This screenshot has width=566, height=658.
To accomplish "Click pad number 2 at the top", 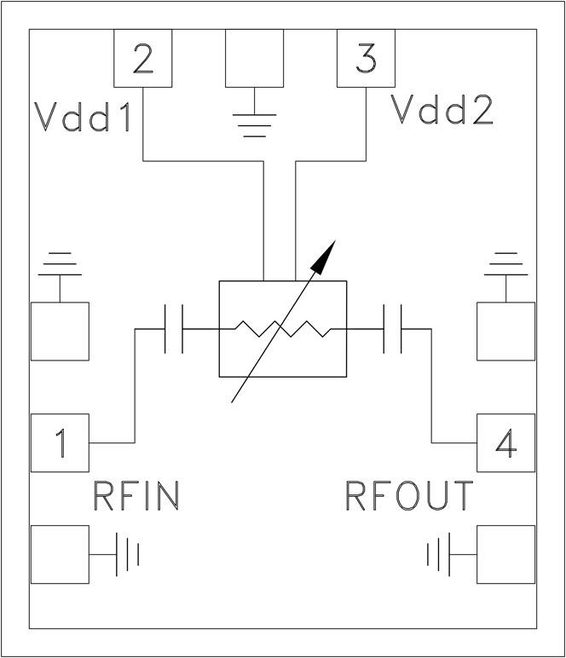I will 143,58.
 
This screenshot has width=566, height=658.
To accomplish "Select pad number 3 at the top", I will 366,58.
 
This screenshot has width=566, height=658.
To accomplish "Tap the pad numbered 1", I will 60,442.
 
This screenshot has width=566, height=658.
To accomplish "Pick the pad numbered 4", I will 505,442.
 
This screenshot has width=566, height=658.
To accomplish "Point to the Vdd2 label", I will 442,110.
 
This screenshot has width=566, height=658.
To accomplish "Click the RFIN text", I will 136,495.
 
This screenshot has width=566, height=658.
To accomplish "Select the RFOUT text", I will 409,495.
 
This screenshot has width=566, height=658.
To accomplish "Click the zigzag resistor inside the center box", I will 282,328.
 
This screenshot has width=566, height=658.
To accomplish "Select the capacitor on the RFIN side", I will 173,329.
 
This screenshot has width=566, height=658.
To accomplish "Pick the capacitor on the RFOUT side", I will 393,329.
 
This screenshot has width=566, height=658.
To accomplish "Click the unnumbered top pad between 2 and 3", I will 254,58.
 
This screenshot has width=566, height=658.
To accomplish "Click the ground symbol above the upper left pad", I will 60,266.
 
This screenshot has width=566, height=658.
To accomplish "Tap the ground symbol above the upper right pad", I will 506,266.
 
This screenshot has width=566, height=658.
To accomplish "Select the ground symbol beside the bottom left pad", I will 127,555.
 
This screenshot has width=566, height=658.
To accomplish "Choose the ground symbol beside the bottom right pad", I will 439,555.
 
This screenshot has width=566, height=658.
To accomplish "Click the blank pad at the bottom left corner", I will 60,555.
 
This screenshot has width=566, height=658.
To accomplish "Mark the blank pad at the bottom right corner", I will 505,555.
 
